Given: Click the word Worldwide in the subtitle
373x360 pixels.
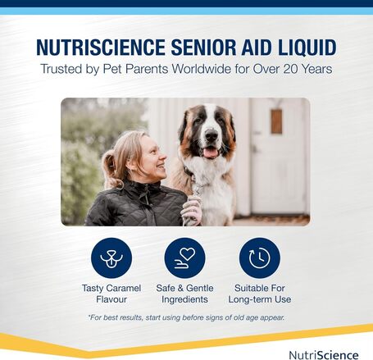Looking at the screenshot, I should click(184, 69).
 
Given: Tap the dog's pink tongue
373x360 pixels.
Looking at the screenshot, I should click(211, 153).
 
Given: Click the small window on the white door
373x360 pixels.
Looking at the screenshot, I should click(276, 121).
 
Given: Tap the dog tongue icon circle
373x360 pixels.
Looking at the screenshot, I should click(111, 257).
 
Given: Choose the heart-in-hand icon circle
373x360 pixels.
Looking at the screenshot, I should click(185, 257).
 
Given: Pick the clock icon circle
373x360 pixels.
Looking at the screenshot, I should click(259, 257).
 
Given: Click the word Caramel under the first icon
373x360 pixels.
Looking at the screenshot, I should click(125, 289).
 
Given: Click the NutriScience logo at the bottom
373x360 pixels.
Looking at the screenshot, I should click(324, 354).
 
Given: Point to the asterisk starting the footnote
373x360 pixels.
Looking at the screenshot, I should click(88, 317).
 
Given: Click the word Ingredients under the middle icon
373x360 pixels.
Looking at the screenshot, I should click(185, 300).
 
